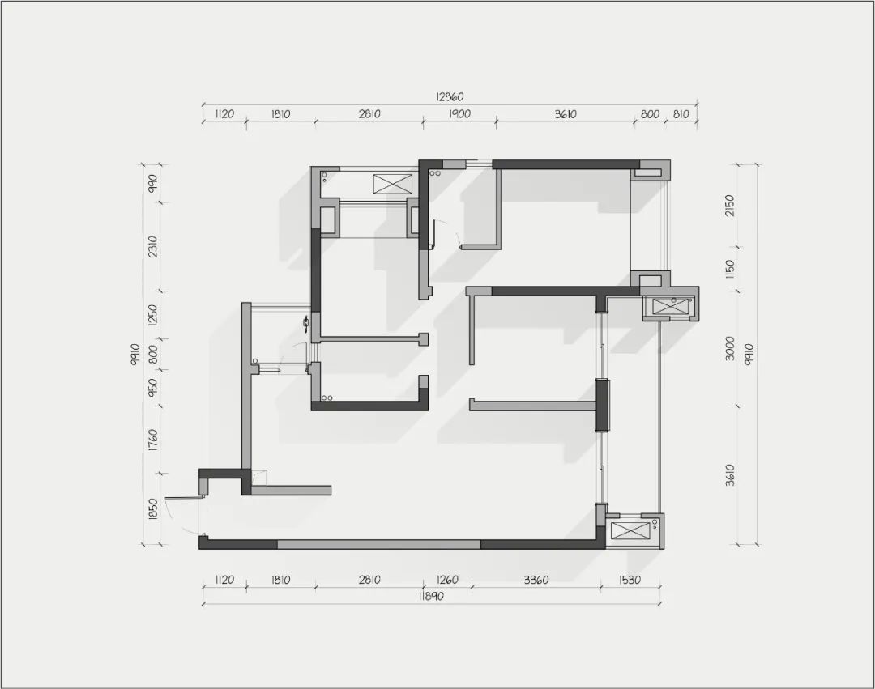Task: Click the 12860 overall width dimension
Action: coord(450,97)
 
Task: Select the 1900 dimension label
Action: coord(459,114)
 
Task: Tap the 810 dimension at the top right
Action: coord(681,114)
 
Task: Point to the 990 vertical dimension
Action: coord(153,184)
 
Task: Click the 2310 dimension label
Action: coord(153,246)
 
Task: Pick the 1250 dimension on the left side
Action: coord(153,314)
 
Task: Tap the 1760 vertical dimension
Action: coord(153,440)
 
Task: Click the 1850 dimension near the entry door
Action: coord(153,509)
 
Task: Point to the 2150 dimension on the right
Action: coord(730,206)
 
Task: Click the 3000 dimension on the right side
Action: coord(730,348)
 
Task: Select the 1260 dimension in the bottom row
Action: coord(447,581)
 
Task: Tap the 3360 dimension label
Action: coord(536,581)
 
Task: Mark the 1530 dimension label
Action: coord(630,581)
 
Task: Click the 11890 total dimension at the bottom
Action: coord(430,597)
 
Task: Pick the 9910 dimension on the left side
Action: coord(134,355)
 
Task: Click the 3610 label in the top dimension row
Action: coord(566,114)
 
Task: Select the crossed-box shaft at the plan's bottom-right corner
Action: coord(629,530)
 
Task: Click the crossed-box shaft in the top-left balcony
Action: coord(393,184)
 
